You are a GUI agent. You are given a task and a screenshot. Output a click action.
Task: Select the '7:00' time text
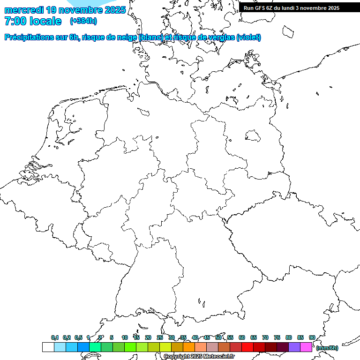coord(14,21)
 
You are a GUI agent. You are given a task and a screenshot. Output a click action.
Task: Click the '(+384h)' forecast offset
coord(83,21)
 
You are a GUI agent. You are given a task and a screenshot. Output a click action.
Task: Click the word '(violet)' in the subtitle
coord(249,37)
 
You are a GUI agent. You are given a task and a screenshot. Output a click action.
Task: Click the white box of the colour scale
coord(48,347)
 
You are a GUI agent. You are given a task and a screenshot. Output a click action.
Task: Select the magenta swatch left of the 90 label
coord(306,347)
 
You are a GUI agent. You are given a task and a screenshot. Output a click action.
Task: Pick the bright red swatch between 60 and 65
coord(247,347)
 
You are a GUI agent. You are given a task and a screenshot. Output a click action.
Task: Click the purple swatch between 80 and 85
coord(294,347)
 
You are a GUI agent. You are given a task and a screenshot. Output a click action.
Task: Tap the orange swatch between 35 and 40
coord(188,347)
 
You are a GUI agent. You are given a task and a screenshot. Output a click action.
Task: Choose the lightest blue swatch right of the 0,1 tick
coord(60,347)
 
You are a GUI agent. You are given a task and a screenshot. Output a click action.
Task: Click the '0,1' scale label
coord(54,337)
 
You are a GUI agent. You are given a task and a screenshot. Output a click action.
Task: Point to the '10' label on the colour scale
coord(124,337)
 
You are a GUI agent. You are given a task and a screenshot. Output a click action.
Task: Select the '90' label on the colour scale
coord(312,337)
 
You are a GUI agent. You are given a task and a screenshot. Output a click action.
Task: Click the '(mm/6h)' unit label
coord(327,348)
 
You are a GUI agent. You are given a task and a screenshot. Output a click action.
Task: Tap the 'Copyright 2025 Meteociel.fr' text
coord(198,357)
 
